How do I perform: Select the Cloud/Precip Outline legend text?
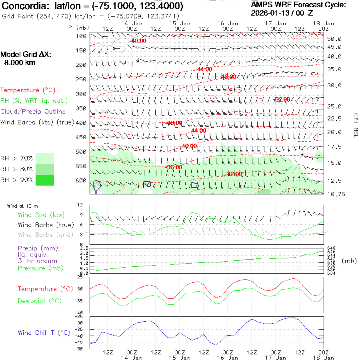(33, 112)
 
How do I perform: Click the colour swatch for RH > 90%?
(45, 180)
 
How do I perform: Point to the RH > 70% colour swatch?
(45, 158)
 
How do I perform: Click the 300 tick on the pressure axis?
(81, 94)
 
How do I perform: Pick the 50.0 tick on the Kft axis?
(334, 39)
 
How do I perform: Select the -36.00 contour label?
(174, 167)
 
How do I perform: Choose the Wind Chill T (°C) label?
(44, 333)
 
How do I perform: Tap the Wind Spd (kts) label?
(41, 215)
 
